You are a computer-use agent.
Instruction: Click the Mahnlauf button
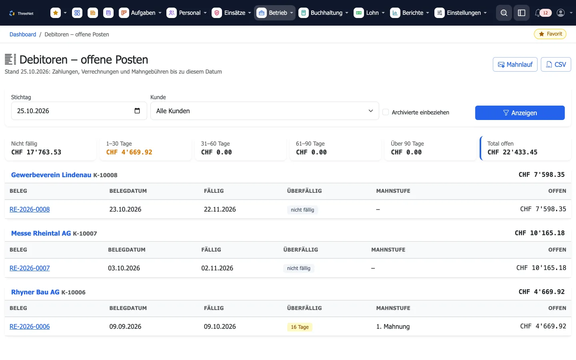[515, 64]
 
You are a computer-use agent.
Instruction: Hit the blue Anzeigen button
[520, 113]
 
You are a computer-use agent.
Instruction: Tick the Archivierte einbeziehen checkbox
[386, 112]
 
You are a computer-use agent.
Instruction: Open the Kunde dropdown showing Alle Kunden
[265, 111]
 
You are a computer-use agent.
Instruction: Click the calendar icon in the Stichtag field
[137, 110]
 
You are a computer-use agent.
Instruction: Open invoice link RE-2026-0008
[30, 209]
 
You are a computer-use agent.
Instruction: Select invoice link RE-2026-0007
[30, 268]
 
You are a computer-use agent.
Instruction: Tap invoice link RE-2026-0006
[30, 326]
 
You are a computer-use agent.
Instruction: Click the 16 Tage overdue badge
[300, 327]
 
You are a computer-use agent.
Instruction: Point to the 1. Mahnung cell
[393, 326]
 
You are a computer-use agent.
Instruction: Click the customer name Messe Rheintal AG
[41, 233]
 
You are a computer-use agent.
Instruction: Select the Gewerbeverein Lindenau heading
[51, 175]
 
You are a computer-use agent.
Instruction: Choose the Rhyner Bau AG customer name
[35, 292]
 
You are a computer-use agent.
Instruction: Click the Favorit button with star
[550, 34]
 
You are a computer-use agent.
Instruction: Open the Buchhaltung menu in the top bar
[323, 13]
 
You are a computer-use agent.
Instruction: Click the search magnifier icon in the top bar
[504, 13]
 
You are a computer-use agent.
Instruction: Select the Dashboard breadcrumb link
[23, 34]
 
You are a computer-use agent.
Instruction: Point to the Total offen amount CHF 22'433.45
[512, 152]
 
